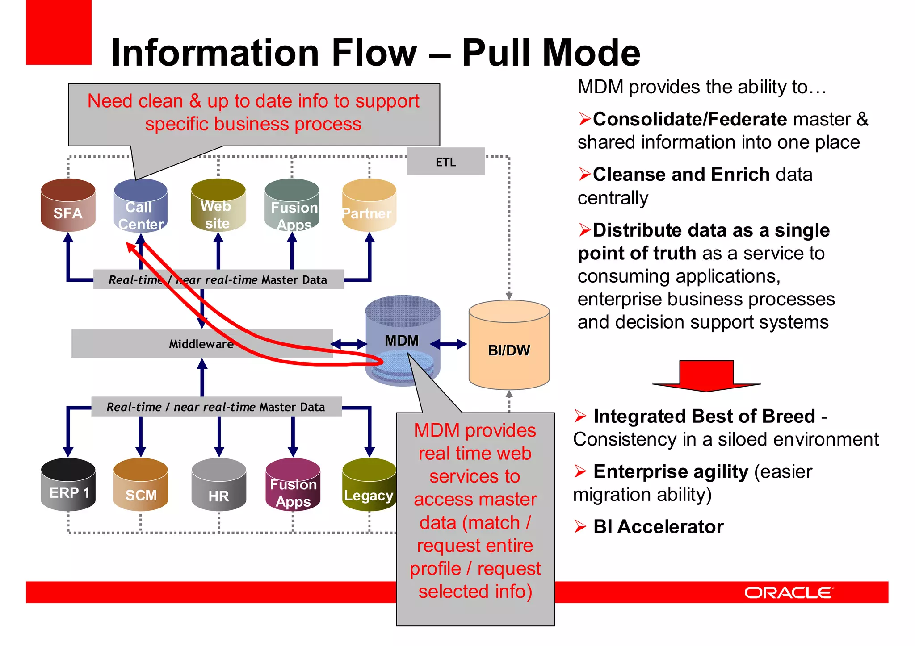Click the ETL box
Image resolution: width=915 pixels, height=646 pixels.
445,162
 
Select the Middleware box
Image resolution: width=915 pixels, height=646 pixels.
201,343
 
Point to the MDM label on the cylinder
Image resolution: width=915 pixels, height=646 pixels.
402,341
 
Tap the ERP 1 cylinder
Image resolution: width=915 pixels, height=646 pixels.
68,485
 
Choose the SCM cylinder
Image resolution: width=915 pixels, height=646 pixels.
141,485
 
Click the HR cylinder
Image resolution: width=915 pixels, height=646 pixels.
218,485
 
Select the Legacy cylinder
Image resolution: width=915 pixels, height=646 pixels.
369,486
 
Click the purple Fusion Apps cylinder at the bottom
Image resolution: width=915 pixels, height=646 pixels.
293,485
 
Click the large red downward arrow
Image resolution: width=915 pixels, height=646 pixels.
706,375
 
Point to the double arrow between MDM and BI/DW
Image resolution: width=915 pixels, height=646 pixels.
449,344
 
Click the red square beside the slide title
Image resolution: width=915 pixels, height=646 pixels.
59,32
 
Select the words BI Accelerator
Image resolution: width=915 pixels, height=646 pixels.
658,527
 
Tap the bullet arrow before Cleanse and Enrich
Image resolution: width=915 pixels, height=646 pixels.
584,174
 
